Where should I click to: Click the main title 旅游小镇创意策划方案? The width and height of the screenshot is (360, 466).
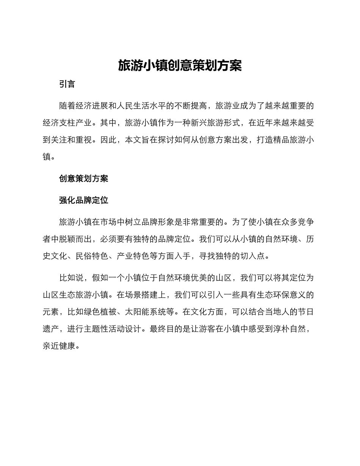click(x=180, y=66)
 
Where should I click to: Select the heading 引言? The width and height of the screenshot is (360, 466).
click(x=67, y=84)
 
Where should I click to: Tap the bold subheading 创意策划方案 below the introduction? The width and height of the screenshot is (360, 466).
click(x=83, y=178)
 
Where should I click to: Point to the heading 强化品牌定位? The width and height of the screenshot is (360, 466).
click(x=83, y=200)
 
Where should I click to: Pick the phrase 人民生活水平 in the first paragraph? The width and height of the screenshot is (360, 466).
click(x=141, y=106)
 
